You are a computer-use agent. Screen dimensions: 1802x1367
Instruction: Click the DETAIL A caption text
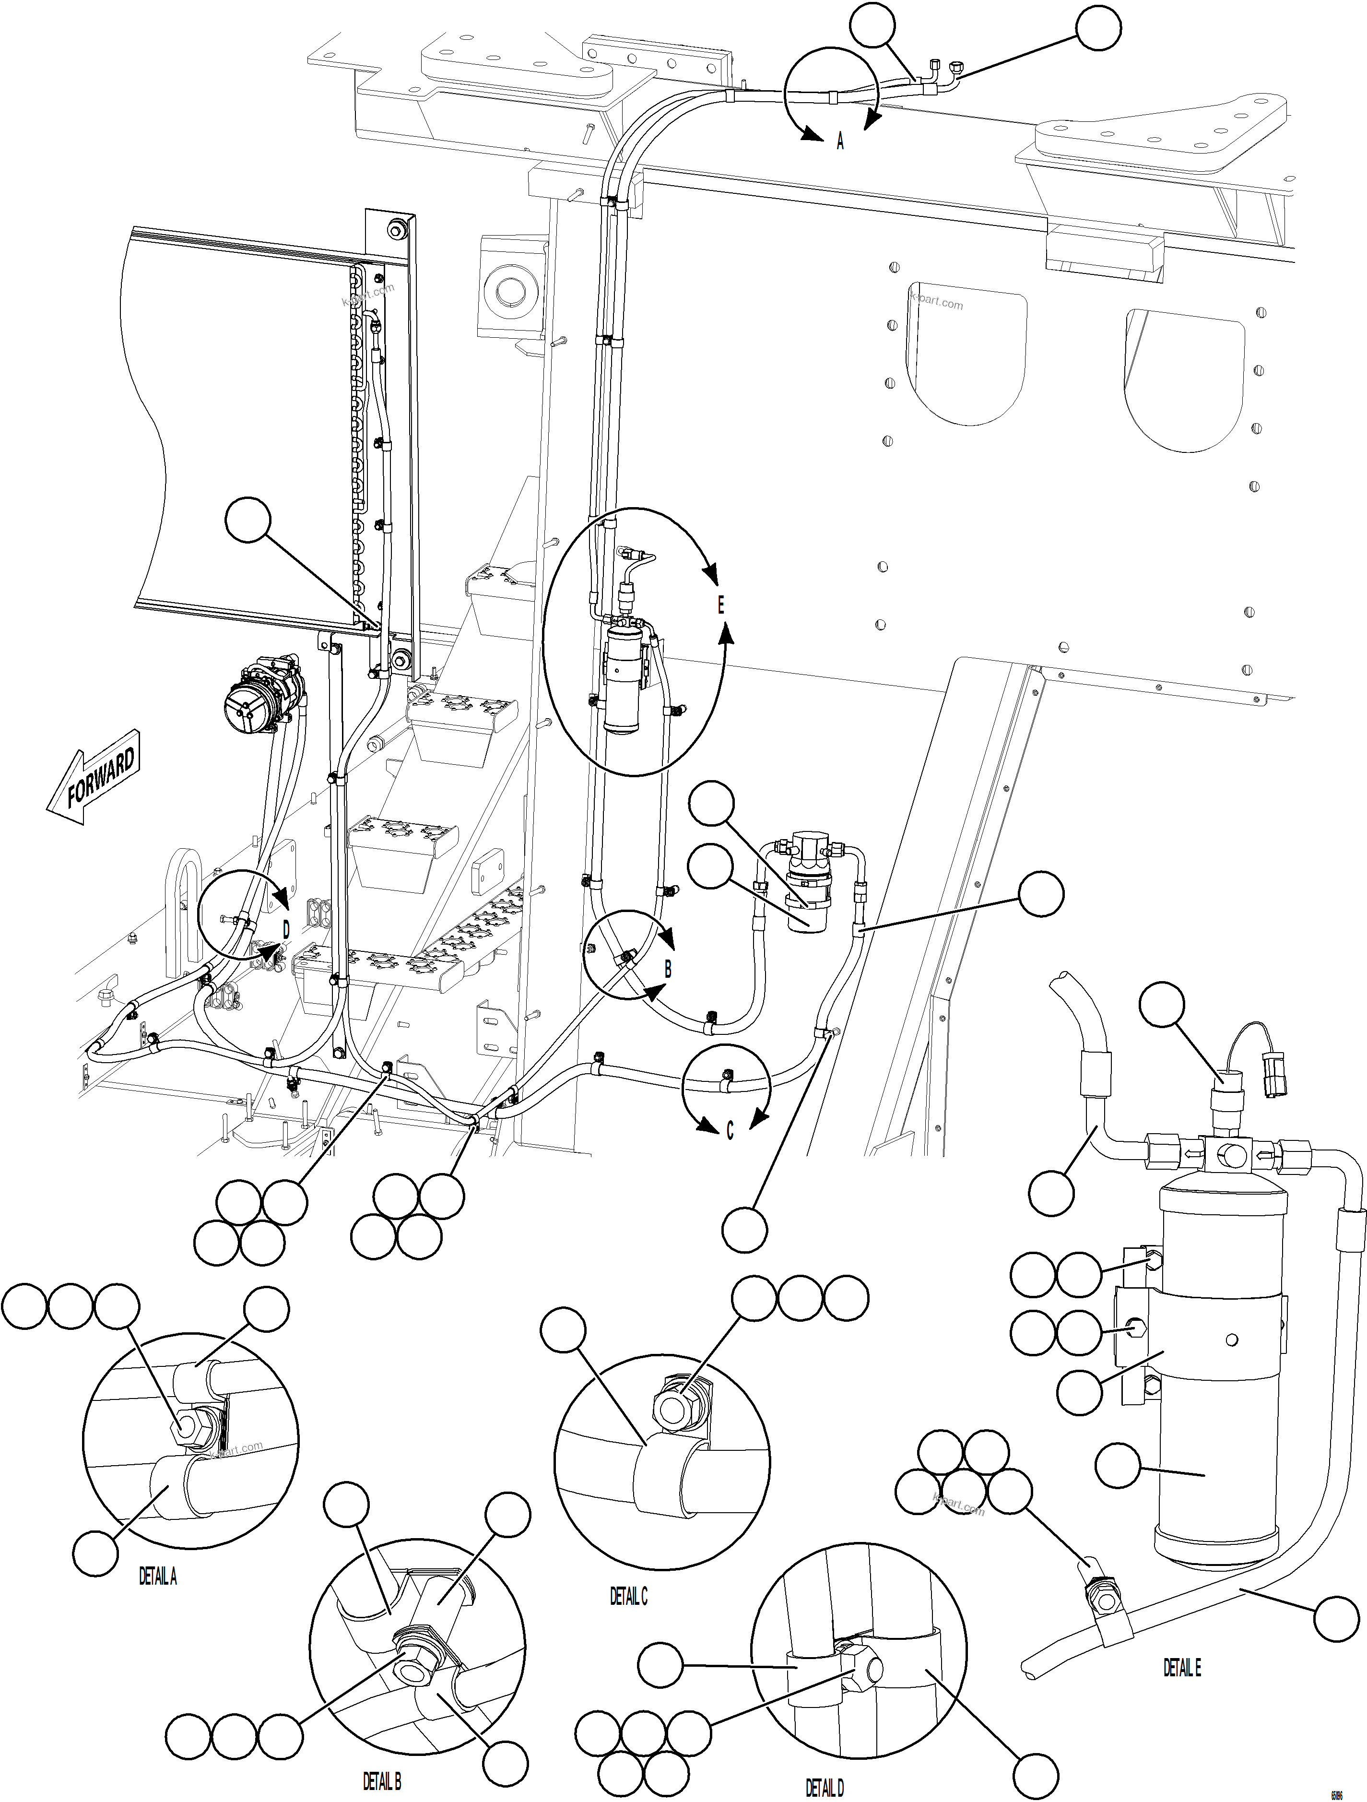click(157, 1577)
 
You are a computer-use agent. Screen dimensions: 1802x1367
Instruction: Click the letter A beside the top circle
click(841, 142)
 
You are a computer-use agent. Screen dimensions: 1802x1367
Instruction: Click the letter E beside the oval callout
click(720, 605)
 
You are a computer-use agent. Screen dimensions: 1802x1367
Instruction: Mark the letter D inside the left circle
click(286, 929)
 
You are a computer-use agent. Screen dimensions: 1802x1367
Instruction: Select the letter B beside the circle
click(668, 970)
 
